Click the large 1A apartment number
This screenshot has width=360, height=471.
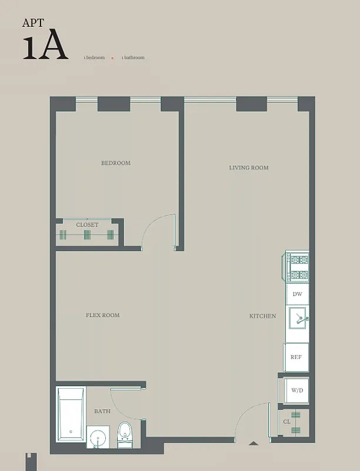(x=45, y=48)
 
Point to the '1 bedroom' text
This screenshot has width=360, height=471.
(x=94, y=58)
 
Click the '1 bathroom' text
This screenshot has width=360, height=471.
(x=133, y=58)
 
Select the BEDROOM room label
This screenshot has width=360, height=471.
(x=115, y=163)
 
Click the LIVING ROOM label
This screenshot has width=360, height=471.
(x=248, y=168)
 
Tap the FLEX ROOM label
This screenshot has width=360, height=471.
(x=102, y=316)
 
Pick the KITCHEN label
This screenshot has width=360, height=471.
(x=262, y=316)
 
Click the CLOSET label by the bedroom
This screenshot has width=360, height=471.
(x=87, y=225)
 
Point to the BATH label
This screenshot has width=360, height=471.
(x=102, y=411)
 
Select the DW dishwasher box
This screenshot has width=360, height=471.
(x=297, y=294)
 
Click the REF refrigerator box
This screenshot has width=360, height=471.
(x=296, y=357)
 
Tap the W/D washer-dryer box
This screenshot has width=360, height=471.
(x=296, y=390)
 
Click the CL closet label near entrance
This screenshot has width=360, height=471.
(x=286, y=422)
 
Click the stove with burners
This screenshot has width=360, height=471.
(x=298, y=267)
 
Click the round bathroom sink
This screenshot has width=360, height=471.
(x=98, y=437)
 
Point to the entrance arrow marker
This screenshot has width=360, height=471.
(x=253, y=443)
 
